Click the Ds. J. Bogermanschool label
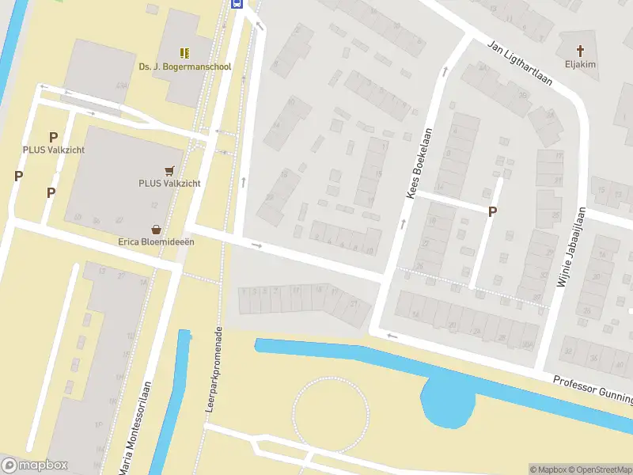tap(184, 66)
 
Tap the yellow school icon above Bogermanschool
tap(184, 53)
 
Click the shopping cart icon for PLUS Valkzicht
tap(169, 170)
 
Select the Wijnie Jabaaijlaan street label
tap(571, 247)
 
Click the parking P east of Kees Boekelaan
tap(492, 211)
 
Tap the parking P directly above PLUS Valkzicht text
tap(54, 137)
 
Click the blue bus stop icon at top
tap(236, 3)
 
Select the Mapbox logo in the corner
tap(35, 465)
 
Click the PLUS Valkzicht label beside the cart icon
tap(169, 184)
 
